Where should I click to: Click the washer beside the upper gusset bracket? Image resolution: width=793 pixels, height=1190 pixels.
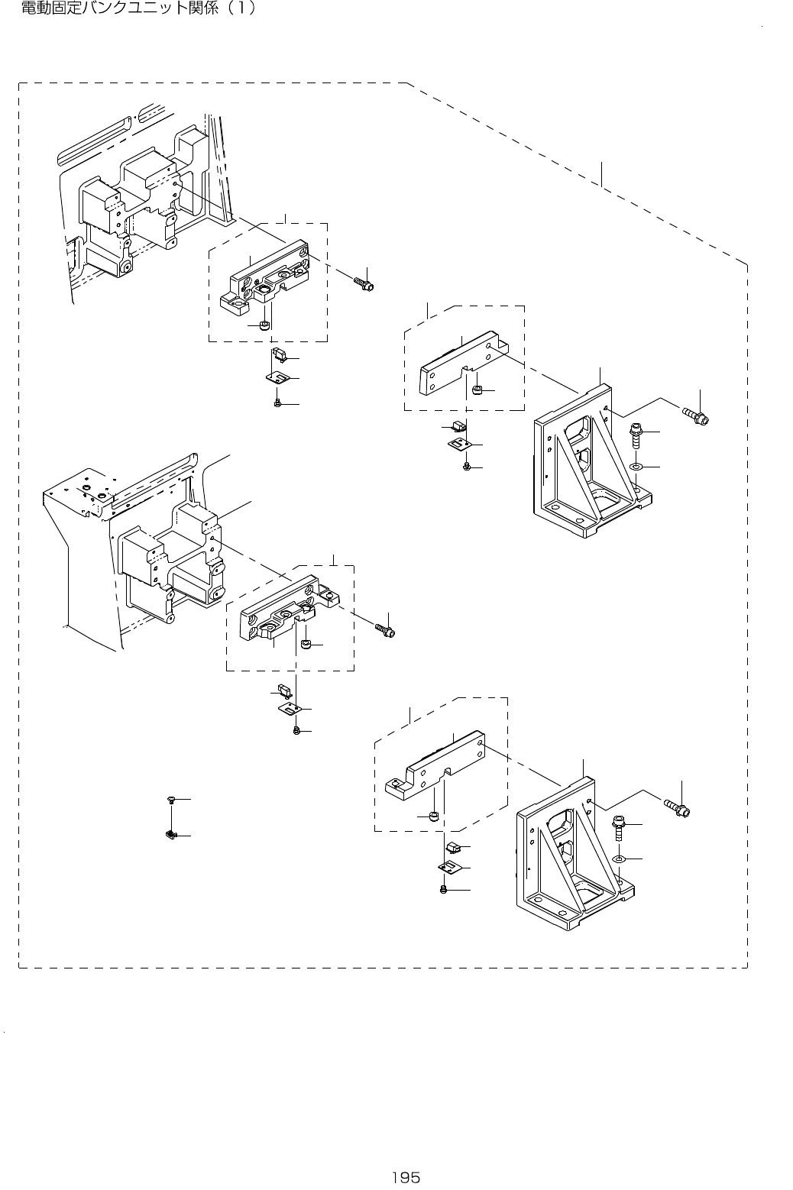click(635, 465)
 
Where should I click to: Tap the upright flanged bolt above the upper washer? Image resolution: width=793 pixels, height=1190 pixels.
click(634, 436)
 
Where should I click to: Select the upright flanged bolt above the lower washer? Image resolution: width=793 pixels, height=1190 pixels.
click(618, 827)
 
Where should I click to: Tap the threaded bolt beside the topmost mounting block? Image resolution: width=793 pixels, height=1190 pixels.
click(364, 283)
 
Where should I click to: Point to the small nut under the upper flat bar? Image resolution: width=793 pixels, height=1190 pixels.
click(477, 391)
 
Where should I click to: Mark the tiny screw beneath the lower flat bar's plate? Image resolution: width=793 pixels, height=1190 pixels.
click(444, 890)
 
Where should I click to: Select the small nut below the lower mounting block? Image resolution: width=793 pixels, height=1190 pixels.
click(306, 646)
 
